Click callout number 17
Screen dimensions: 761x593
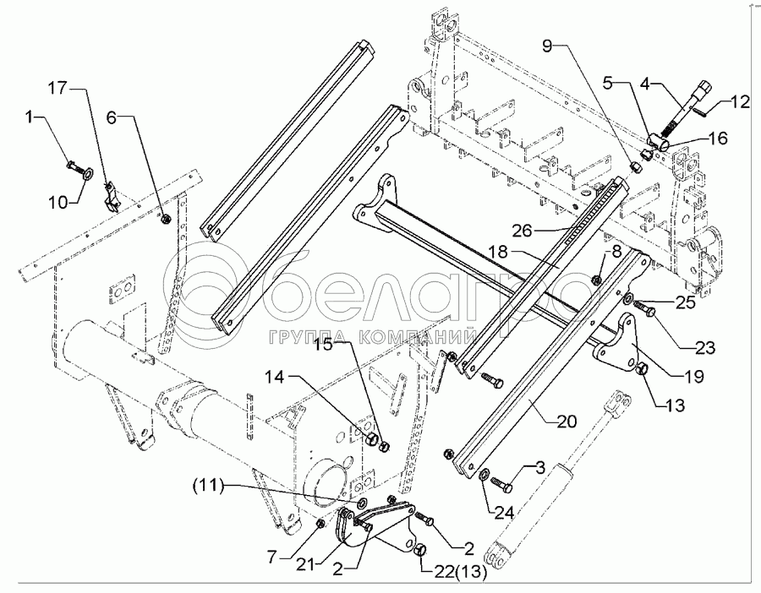[x=56, y=88]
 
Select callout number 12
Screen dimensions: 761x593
[x=740, y=102]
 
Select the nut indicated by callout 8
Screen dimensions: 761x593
[x=597, y=280]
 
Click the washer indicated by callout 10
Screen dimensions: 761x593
[x=88, y=173]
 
